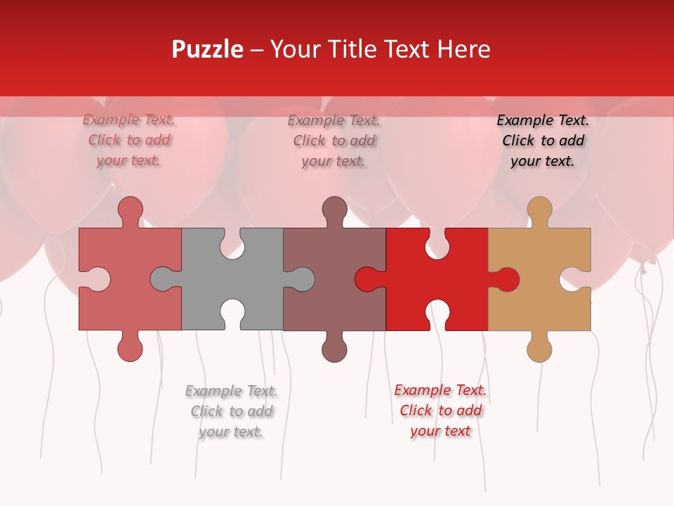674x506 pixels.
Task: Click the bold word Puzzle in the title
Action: [208, 49]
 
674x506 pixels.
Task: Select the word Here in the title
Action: [463, 49]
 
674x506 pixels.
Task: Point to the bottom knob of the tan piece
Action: [539, 349]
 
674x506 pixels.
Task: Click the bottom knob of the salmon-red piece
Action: [130, 349]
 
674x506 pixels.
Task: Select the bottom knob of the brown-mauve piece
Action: [334, 349]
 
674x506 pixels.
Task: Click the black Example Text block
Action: [543, 141]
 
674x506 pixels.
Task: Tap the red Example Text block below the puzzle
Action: [440, 410]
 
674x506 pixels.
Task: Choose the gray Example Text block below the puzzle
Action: [231, 411]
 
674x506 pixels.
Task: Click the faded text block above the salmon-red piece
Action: [128, 141]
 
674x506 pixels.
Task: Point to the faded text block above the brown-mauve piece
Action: [333, 141]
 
